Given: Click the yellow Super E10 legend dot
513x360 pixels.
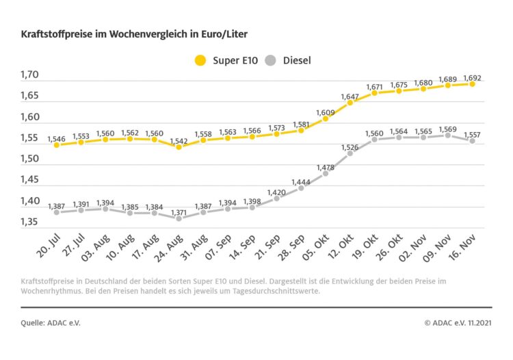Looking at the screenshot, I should pyautogui.click(x=200, y=60).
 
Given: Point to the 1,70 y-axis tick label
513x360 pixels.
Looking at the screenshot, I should pyautogui.click(x=29, y=75).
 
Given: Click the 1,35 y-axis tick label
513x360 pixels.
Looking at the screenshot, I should pyautogui.click(x=29, y=222).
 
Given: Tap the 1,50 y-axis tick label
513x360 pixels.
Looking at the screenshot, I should pyautogui.click(x=29, y=159).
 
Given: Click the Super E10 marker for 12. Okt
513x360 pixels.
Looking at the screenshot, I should pyautogui.click(x=350, y=103).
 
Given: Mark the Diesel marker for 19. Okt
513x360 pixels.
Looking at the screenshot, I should pyautogui.click(x=374, y=140).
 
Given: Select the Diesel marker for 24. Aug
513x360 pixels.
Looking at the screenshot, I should pyautogui.click(x=179, y=218).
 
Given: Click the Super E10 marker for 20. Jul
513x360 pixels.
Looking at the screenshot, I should pyautogui.click(x=57, y=145).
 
